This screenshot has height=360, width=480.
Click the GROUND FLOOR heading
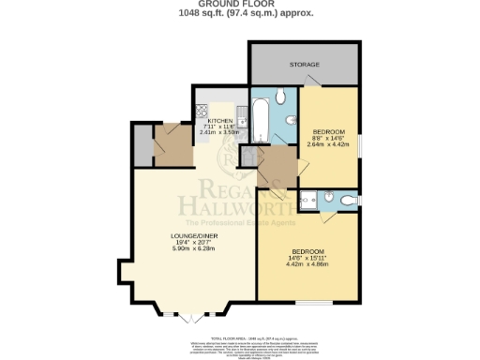(x=239, y=6)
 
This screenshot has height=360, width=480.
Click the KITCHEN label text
(x=220, y=120)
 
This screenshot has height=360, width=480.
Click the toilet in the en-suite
(x=349, y=200)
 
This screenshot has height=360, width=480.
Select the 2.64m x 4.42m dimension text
(x=330, y=144)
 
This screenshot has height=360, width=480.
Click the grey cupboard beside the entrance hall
(x=142, y=146)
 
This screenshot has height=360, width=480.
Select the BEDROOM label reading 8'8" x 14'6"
(x=330, y=130)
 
